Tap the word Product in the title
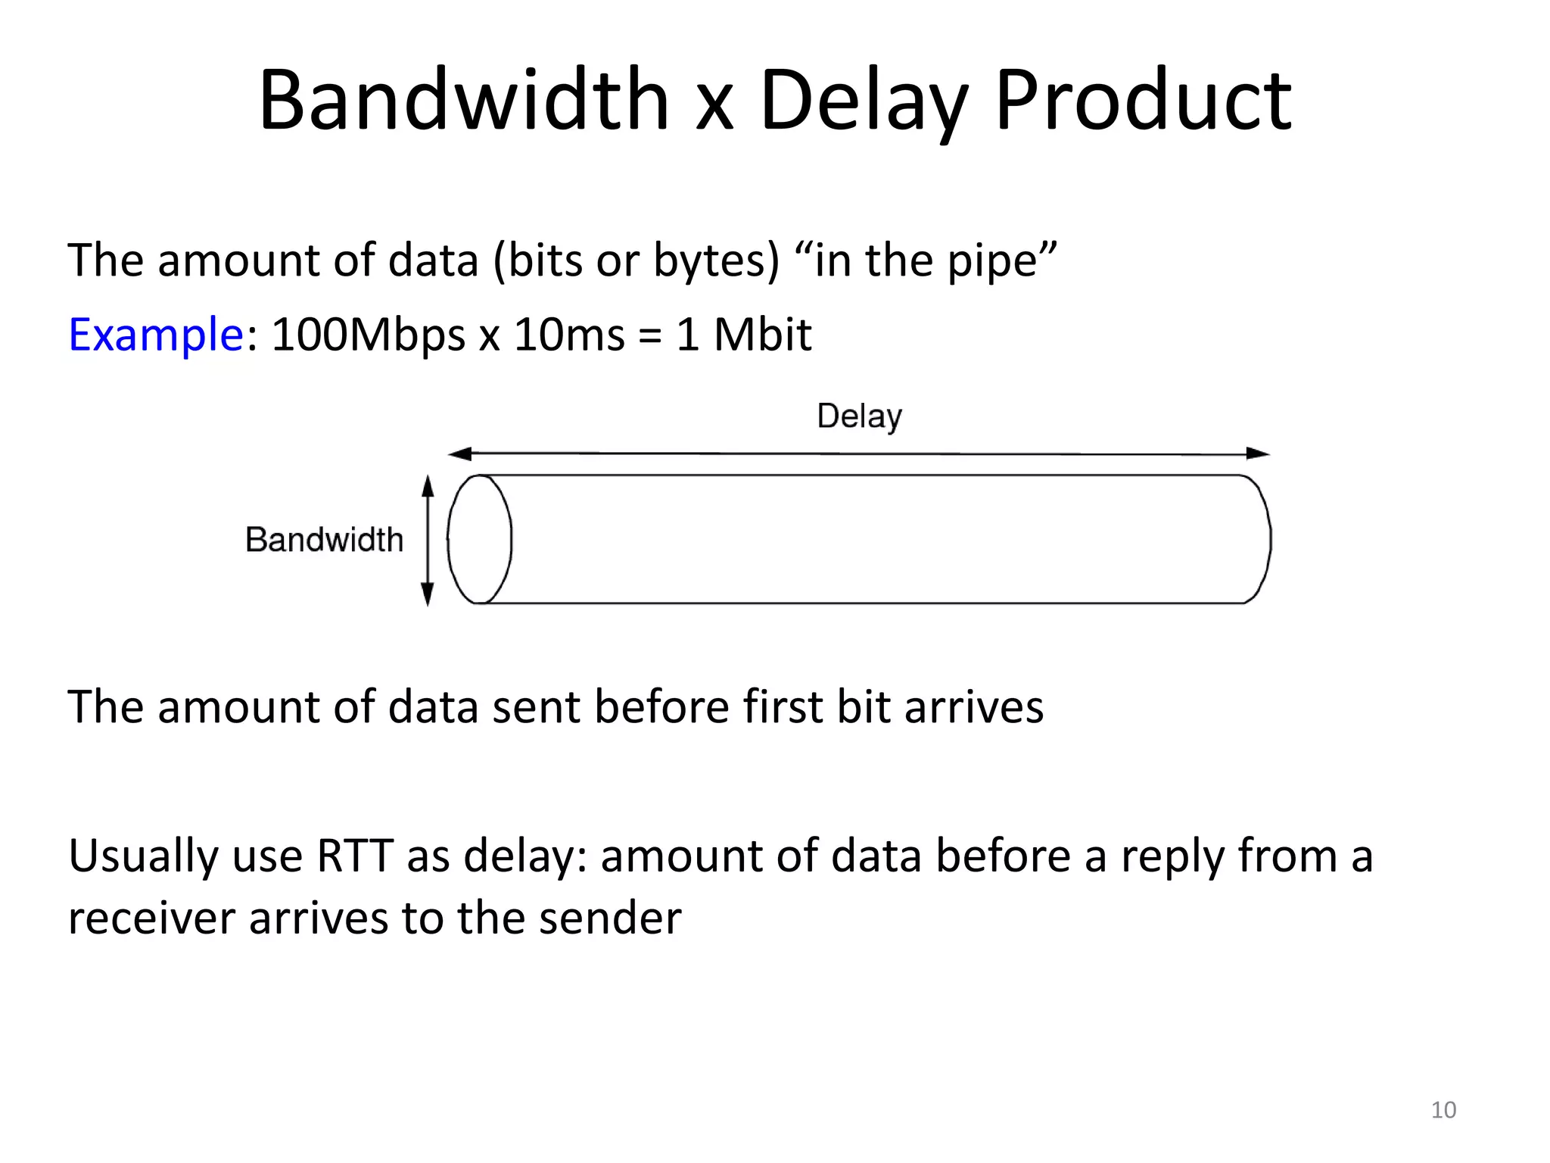coord(1143,100)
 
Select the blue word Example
coord(155,334)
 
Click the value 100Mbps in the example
coord(368,334)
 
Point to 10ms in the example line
coord(569,334)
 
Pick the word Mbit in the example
coord(762,334)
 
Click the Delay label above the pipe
coord(860,416)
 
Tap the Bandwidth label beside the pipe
coord(324,540)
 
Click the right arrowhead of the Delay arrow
coord(1259,454)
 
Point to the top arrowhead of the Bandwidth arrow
coord(428,485)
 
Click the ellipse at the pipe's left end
coord(479,539)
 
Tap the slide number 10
coord(1443,1110)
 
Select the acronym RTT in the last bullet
coord(355,856)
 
